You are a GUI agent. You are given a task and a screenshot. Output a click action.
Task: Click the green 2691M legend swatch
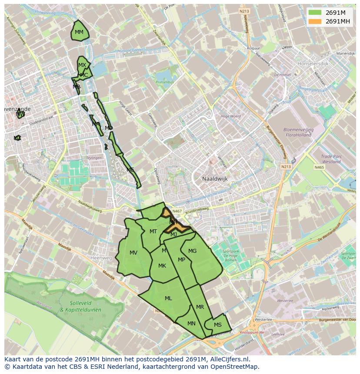click(x=315, y=13)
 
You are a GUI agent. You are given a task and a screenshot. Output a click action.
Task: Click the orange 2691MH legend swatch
click(x=315, y=21)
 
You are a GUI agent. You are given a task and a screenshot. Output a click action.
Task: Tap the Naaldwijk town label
click(x=215, y=179)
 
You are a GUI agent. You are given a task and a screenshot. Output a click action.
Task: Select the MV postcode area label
click(x=133, y=253)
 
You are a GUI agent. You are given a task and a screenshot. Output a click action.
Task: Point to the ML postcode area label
click(x=168, y=298)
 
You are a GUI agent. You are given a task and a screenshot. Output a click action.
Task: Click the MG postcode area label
click(x=192, y=251)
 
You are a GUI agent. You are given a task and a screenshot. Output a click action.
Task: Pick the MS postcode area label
click(x=218, y=325)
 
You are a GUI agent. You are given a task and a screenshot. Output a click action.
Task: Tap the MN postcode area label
click(x=191, y=324)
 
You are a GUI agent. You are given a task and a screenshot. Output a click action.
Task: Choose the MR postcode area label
click(x=200, y=307)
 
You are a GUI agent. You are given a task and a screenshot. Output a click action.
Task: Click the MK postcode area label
click(x=162, y=266)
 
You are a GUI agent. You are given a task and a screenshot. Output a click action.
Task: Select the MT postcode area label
click(x=153, y=232)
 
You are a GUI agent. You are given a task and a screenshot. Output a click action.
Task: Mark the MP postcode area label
click(x=182, y=260)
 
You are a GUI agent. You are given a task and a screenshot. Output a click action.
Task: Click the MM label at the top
click(x=79, y=32)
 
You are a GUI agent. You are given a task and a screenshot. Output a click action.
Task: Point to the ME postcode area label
click(x=130, y=170)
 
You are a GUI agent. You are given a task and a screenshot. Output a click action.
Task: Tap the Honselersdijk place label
click(x=313, y=63)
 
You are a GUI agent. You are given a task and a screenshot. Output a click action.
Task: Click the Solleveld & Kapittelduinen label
click(x=80, y=307)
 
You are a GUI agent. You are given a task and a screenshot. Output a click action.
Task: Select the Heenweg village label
click(x=101, y=258)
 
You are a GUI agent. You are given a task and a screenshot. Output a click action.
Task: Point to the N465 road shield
click(x=319, y=167)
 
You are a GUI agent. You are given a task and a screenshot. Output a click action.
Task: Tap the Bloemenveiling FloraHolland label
click(x=298, y=132)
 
